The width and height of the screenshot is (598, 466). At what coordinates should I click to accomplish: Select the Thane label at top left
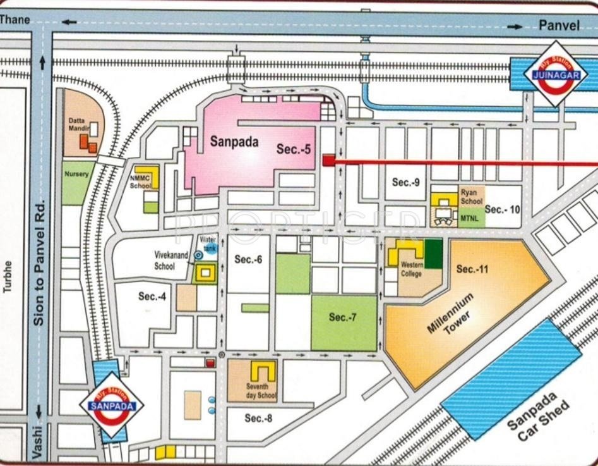click(x=15, y=20)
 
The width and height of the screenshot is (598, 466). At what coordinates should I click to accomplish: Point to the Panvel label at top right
click(x=559, y=25)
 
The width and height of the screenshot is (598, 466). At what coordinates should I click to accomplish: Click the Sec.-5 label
click(x=294, y=149)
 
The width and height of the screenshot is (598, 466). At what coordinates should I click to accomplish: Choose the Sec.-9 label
click(x=405, y=182)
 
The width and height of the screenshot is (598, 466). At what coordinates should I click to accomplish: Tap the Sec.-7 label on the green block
click(x=343, y=317)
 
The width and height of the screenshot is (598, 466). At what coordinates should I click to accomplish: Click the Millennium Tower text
click(x=450, y=314)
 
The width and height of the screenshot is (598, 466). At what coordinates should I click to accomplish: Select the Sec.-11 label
click(x=473, y=269)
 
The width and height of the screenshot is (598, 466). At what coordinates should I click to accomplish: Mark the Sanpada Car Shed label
click(x=539, y=417)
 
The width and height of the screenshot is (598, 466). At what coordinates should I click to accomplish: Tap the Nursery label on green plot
click(x=76, y=174)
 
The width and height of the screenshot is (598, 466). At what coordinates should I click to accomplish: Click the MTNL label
click(x=469, y=218)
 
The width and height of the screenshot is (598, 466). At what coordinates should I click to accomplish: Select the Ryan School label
click(x=471, y=196)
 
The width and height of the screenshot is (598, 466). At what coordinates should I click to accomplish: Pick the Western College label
click(x=412, y=269)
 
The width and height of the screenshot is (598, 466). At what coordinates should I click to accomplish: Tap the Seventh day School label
click(x=261, y=391)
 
